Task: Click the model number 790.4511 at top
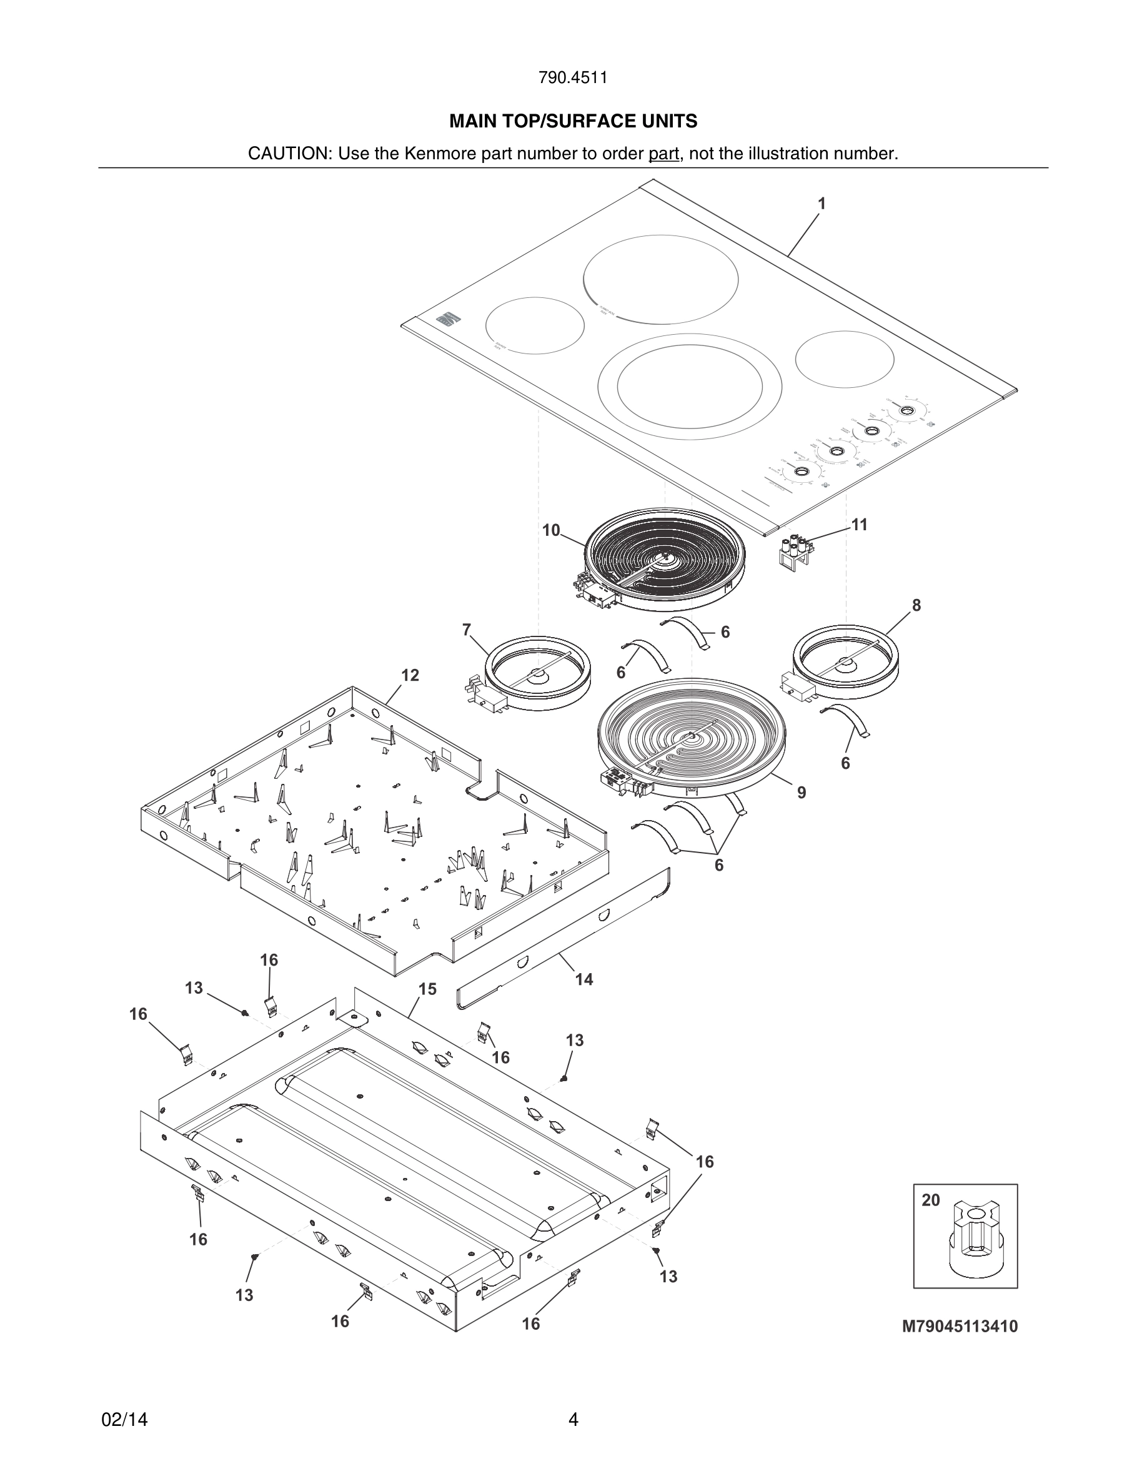click(x=573, y=78)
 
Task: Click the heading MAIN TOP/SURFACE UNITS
click(x=573, y=122)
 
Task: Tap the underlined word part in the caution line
click(x=663, y=154)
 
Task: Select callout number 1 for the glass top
click(x=822, y=204)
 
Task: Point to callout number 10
click(x=551, y=530)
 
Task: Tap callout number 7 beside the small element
click(x=467, y=630)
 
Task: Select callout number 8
click(x=916, y=605)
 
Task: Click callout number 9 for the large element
click(x=802, y=793)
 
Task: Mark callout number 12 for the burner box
click(x=410, y=675)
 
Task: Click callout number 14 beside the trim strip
click(x=583, y=979)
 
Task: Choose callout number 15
click(x=427, y=989)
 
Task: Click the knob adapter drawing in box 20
click(x=969, y=1242)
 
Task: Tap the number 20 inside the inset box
click(x=930, y=1200)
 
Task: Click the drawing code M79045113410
click(x=960, y=1327)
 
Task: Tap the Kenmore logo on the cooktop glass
click(x=447, y=319)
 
